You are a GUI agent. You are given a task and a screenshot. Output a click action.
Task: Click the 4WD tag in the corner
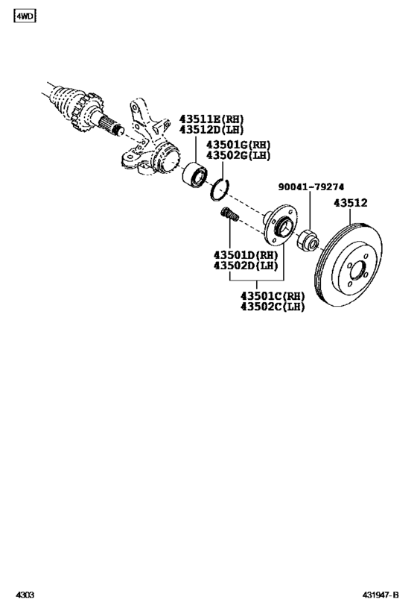(x=24, y=16)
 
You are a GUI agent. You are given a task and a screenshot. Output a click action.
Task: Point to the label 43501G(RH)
(x=238, y=145)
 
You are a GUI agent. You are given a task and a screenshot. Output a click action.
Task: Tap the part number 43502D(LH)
(x=246, y=266)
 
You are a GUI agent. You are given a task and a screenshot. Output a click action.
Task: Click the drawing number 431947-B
(x=381, y=597)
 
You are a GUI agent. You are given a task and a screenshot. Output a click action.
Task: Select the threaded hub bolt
(x=229, y=217)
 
